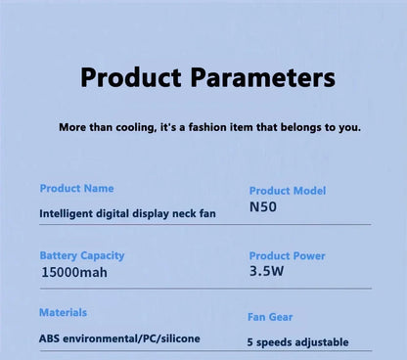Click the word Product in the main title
pyautogui.click(x=130, y=77)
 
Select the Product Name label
pyautogui.click(x=76, y=188)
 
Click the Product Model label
pyautogui.click(x=288, y=191)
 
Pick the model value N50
pyautogui.click(x=263, y=207)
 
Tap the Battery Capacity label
pyautogui.click(x=82, y=255)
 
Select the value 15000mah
pyautogui.click(x=74, y=273)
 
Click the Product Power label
pyautogui.click(x=288, y=256)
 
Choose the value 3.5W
pyautogui.click(x=267, y=273)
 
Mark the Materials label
pyautogui.click(x=63, y=312)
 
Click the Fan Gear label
pyautogui.click(x=270, y=317)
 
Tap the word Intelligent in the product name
pyautogui.click(x=69, y=212)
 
